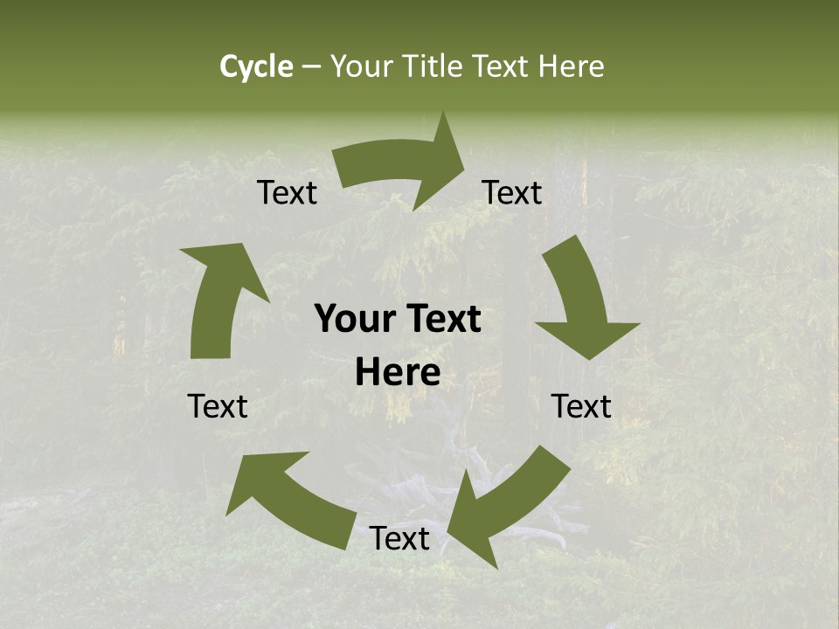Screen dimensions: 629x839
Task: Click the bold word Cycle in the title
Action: point(255,66)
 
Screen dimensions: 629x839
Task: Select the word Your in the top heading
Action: point(359,66)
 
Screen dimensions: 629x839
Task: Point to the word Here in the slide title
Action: point(569,66)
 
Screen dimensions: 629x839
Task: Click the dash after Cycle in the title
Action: point(311,66)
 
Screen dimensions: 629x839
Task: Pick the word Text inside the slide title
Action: point(503,66)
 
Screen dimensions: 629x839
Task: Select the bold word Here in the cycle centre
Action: point(398,373)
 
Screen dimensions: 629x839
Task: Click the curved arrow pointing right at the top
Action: point(402,166)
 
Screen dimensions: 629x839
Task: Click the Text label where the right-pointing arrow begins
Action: point(288,193)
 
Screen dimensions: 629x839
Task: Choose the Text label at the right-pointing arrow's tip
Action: point(512,193)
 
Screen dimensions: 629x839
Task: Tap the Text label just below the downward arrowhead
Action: point(581,406)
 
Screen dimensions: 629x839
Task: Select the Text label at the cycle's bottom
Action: point(399,539)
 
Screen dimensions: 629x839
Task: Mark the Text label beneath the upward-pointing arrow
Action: point(218,406)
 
